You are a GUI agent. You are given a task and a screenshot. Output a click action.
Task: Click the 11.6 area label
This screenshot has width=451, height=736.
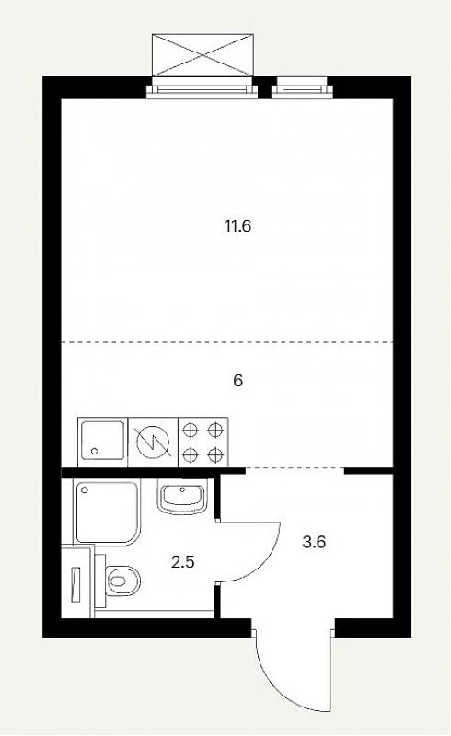pos(237,226)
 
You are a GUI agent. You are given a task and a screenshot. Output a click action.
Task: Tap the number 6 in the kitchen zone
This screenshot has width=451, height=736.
pos(238,381)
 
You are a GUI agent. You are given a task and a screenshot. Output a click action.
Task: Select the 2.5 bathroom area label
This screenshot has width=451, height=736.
pos(183,561)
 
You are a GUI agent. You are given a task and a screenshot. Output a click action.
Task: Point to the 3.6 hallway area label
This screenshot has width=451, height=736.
pos(314,543)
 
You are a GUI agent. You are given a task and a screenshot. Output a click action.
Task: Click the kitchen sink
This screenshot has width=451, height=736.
pos(103,442)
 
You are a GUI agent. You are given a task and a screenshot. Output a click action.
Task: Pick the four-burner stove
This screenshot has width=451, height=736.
pos(202,442)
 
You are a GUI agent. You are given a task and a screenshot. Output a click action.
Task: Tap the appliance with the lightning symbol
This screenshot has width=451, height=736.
pos(153,442)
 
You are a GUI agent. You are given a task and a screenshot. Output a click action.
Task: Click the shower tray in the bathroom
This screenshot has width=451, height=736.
pos(107,512)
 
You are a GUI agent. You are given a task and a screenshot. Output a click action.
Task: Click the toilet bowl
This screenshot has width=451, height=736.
pos(122,581)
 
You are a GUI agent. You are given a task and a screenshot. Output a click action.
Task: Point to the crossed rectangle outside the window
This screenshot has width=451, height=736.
pos(202,54)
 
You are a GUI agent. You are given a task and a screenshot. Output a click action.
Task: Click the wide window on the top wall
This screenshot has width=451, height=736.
pos(202,90)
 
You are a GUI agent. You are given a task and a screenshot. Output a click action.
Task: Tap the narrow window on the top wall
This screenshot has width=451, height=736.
pos(302,89)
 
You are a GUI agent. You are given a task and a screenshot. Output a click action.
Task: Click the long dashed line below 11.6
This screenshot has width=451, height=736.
pos(227,342)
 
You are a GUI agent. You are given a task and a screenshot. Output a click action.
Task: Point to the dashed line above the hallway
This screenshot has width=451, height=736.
pos(295,468)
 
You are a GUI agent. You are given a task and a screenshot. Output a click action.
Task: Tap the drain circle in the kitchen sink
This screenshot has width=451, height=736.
pos(95,451)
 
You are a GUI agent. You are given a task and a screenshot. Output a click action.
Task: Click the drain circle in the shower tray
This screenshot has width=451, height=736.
pos(85,490)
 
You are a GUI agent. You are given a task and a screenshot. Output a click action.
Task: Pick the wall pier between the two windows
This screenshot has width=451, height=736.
pos(265,87)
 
